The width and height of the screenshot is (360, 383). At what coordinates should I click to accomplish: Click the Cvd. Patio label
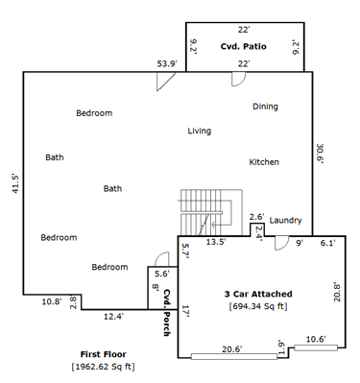243,46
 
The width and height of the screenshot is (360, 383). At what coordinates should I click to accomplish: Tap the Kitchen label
264,162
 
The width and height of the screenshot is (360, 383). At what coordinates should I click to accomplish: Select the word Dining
265,107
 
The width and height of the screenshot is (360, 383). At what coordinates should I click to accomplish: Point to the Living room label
200,131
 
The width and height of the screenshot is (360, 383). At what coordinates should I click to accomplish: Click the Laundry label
285,221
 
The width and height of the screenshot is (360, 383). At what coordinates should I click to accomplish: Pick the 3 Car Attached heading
258,294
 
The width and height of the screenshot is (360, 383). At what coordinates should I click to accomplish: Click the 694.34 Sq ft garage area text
258,306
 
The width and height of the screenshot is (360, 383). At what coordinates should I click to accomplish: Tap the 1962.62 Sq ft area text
104,367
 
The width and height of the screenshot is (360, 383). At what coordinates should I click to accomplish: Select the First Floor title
104,354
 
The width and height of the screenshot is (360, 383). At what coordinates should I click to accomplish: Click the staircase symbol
209,213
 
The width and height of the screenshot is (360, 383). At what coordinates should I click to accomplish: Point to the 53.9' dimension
167,63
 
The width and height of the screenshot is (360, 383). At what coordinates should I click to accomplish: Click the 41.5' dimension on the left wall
15,183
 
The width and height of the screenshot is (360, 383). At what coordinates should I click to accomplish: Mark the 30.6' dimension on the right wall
321,154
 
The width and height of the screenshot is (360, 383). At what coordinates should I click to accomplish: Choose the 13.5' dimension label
216,242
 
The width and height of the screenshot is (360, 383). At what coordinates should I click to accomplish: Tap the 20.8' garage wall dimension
337,292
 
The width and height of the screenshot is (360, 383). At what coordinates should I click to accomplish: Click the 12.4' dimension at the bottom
113,317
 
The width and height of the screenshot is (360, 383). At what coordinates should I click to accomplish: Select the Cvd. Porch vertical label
166,313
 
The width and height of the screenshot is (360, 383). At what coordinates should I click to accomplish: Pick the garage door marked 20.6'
234,356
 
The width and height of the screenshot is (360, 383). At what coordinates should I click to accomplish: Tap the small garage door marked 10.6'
316,347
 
